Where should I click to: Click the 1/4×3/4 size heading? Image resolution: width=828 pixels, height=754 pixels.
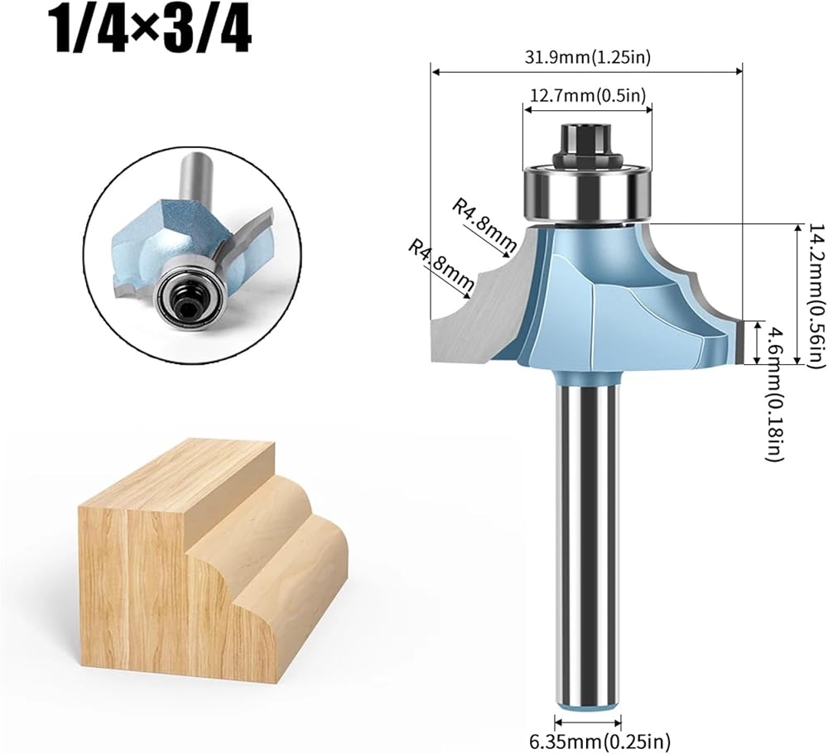(x=150, y=33)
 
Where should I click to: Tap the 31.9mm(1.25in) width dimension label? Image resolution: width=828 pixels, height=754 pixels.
(x=587, y=57)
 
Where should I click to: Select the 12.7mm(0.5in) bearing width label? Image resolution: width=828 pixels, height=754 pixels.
(x=588, y=95)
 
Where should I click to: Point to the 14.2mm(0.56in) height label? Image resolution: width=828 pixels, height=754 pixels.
(x=816, y=294)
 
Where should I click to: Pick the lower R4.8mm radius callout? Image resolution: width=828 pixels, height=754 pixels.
(x=441, y=266)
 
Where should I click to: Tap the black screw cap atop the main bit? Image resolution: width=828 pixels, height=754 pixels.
(x=588, y=145)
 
